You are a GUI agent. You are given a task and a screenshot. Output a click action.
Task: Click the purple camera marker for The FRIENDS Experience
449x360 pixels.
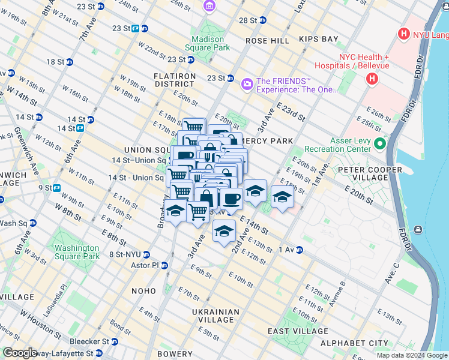pos(247,83)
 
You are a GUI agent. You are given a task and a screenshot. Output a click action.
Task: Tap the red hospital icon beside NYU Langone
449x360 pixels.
pos(404,34)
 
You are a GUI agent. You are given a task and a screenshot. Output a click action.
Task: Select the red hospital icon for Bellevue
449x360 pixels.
pos(373,78)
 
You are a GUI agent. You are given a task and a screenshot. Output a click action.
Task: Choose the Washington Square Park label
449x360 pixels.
pos(76,252)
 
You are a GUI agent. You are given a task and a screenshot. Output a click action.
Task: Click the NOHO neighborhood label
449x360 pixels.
pos(143,291)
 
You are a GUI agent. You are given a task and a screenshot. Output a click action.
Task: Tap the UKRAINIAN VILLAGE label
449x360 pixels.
pos(215,316)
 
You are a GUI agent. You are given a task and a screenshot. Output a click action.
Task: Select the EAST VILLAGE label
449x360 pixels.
pos(298,331)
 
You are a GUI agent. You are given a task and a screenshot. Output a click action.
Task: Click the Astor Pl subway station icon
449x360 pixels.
pos(163,265)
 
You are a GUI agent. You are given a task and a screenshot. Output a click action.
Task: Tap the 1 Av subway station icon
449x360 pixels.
pos(298,250)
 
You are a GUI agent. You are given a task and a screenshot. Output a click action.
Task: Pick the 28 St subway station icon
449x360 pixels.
pos(262,20)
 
